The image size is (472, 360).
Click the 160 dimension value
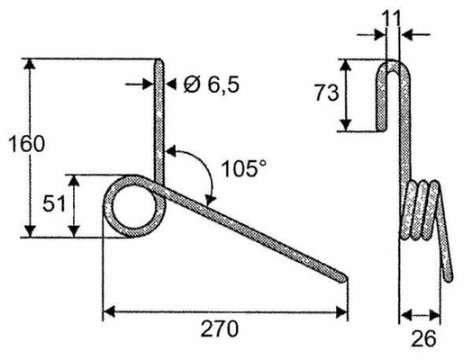pyautogui.click(x=26, y=144)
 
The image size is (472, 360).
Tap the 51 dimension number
pyautogui.click(x=54, y=203)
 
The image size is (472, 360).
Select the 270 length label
pyautogui.click(x=220, y=328)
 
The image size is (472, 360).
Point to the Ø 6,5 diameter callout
pyautogui.click(x=212, y=85)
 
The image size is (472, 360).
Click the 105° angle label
pyautogui.click(x=244, y=168)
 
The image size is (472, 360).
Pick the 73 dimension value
pyautogui.click(x=327, y=93)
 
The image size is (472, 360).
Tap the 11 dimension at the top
pyautogui.click(x=391, y=18)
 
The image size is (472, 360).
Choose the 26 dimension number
pyautogui.click(x=423, y=338)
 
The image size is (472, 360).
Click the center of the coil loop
pyautogui.click(x=134, y=207)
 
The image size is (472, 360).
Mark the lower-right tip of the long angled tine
pyautogui.click(x=345, y=279)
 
